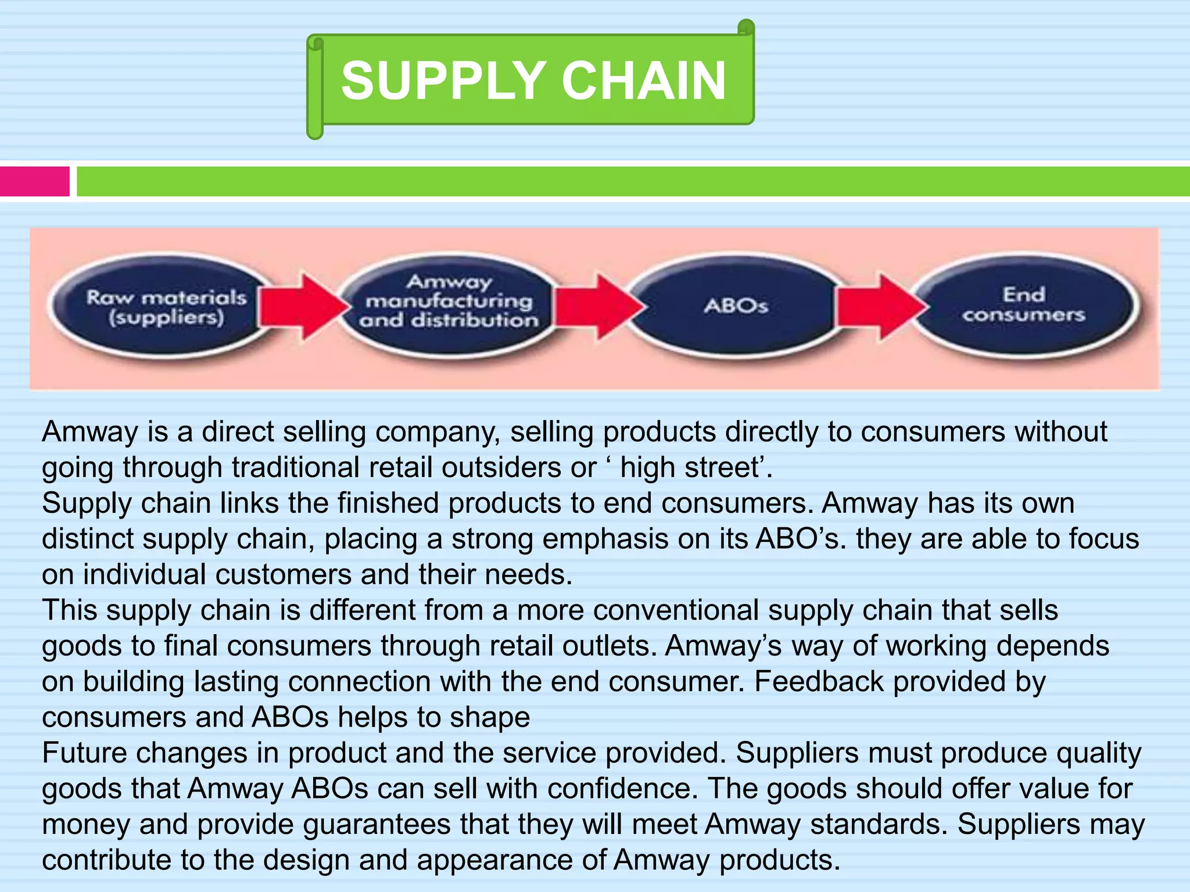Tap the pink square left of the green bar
tap(34, 181)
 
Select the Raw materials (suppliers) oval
tap(166, 307)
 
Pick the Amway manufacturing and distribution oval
tap(449, 301)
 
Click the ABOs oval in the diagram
tap(736, 305)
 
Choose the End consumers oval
tap(1024, 304)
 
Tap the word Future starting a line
tap(85, 753)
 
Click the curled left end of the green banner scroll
tap(315, 87)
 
